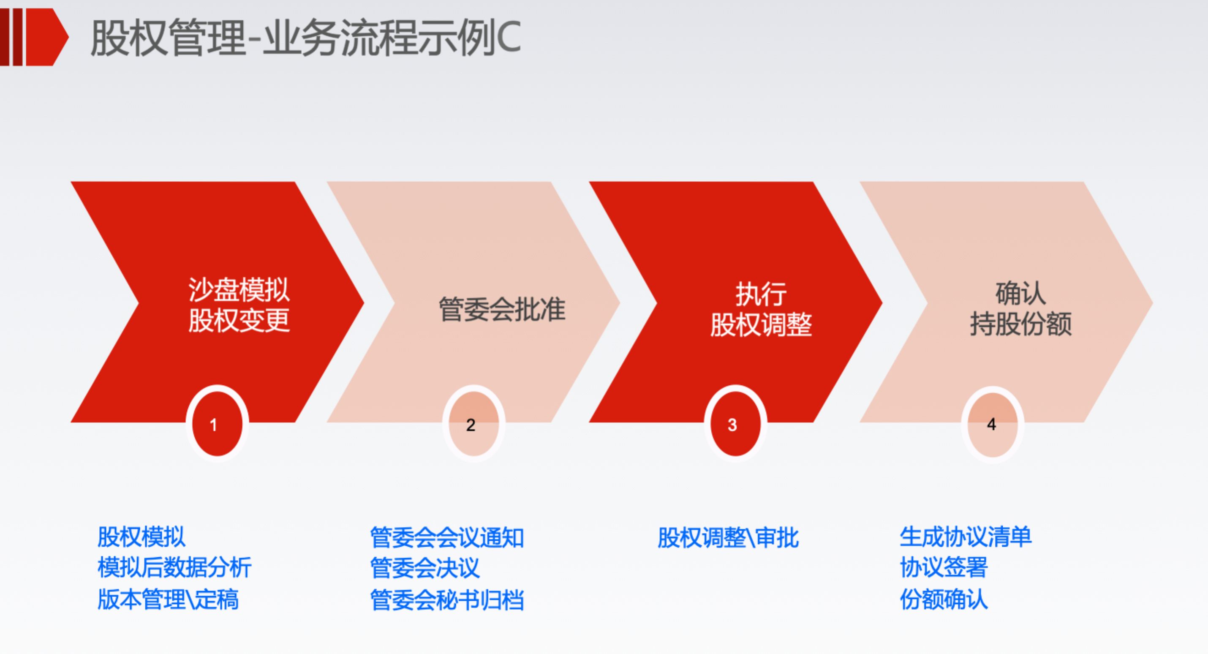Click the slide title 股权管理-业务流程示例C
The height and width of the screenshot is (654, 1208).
pyautogui.click(x=305, y=38)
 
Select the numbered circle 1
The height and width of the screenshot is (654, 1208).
pyautogui.click(x=217, y=424)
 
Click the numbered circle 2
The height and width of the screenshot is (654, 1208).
pyautogui.click(x=473, y=424)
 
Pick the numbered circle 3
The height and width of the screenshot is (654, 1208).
pyautogui.click(x=735, y=424)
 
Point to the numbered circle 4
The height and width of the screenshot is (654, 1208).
pyautogui.click(x=993, y=425)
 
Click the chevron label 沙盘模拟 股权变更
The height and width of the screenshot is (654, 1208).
pyautogui.click(x=239, y=305)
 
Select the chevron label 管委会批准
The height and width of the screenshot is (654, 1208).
pyautogui.click(x=502, y=309)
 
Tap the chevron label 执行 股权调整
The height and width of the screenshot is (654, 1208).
pyautogui.click(x=761, y=309)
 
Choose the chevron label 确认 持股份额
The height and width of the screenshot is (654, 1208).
pyautogui.click(x=1021, y=308)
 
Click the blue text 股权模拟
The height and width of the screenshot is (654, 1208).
pyautogui.click(x=141, y=537)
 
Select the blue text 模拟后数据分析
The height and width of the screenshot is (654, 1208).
pyautogui.click(x=174, y=568)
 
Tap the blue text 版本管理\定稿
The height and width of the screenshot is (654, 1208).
pyautogui.click(x=168, y=599)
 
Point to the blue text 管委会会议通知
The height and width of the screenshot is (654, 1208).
pyautogui.click(x=447, y=538)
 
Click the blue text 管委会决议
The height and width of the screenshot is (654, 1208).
pyautogui.click(x=425, y=568)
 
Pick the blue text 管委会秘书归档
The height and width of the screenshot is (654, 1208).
pyautogui.click(x=447, y=600)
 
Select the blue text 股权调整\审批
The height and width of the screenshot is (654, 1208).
pyautogui.click(x=728, y=538)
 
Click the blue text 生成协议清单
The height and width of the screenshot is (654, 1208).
pyautogui.click(x=966, y=537)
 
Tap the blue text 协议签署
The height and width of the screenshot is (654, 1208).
pyautogui.click(x=944, y=568)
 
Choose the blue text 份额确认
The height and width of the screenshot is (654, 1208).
pyautogui.click(x=944, y=599)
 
